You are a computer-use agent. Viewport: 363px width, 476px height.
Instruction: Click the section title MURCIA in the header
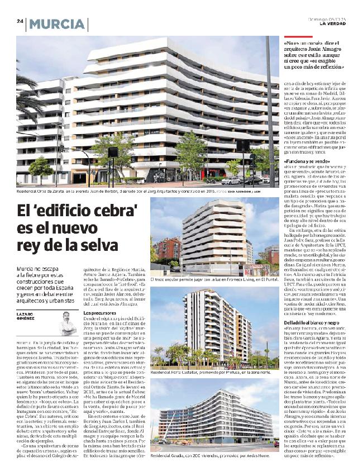58,24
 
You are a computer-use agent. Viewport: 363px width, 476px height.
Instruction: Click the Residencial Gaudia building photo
215,422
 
